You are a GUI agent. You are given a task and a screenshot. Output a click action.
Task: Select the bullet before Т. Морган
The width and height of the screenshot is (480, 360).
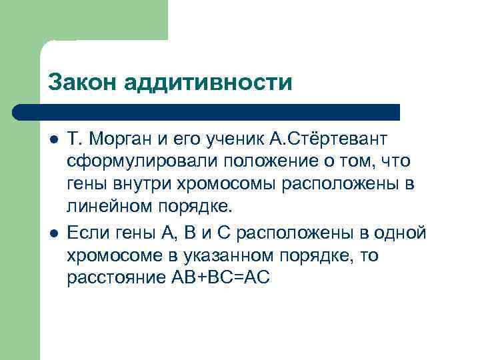(x=53, y=139)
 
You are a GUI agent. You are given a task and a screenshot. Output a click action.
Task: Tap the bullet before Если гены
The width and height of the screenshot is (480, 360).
(x=53, y=233)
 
